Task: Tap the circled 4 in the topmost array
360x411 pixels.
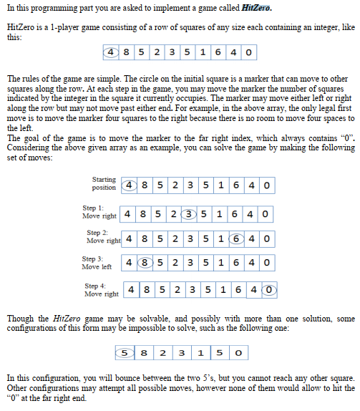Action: (x=112, y=53)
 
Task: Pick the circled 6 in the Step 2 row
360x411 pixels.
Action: (x=237, y=238)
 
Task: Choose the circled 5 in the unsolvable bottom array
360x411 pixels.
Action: (x=125, y=353)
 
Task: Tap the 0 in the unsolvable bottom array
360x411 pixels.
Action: (x=237, y=353)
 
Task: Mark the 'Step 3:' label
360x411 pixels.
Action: (x=94, y=258)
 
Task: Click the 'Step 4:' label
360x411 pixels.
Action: (x=97, y=286)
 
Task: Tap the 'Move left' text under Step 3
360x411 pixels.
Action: (x=97, y=266)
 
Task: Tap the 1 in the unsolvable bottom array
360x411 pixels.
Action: (x=200, y=353)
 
